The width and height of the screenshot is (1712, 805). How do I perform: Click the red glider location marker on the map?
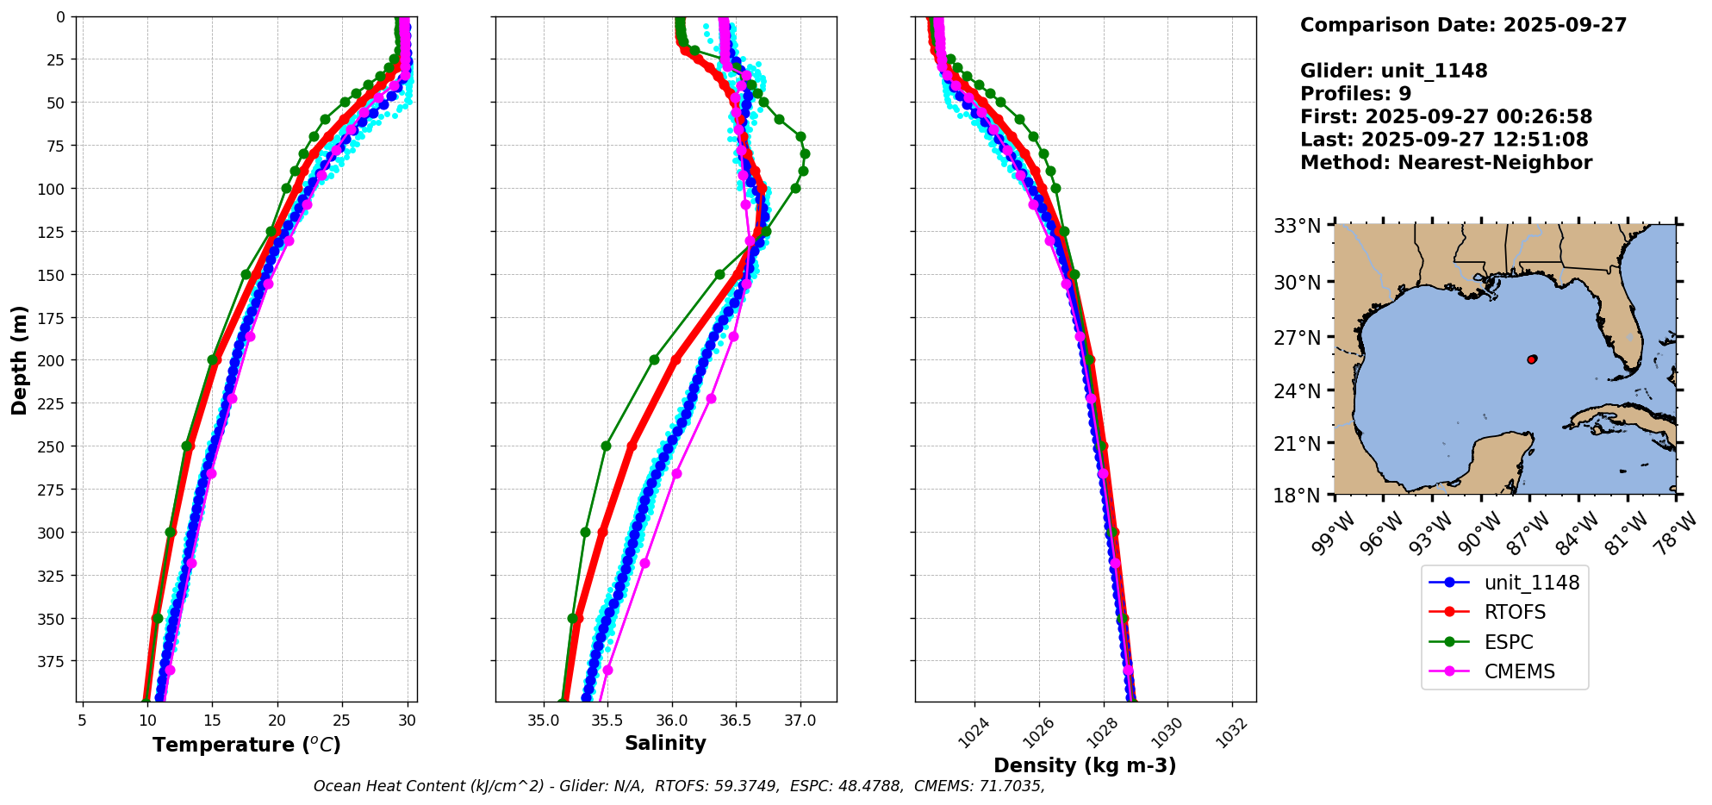pos(1532,359)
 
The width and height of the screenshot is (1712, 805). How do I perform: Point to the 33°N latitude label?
pos(1298,227)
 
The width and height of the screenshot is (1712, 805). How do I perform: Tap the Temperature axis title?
pos(246,745)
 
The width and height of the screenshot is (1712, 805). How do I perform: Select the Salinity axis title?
pos(665,743)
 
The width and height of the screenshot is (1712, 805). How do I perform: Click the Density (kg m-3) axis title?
pos(1085,765)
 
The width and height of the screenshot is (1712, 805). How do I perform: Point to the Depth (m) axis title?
pos(19,359)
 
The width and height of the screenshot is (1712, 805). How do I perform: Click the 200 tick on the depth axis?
pos(51,360)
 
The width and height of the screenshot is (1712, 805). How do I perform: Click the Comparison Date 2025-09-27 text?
pos(1463,25)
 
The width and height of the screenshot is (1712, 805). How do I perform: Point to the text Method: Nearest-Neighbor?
pos(1446,163)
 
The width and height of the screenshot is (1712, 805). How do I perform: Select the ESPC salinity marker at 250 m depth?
pos(606,446)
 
